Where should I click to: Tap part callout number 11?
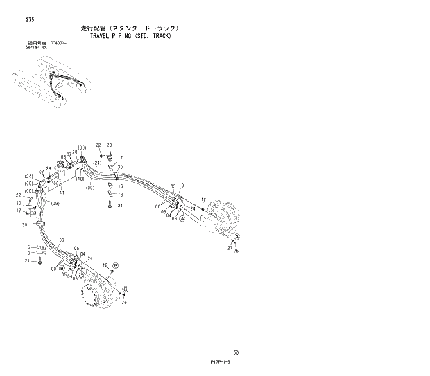[62, 193]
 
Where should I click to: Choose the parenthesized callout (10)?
[80, 179]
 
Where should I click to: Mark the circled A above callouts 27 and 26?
[237, 238]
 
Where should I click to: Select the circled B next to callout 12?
[116, 265]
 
